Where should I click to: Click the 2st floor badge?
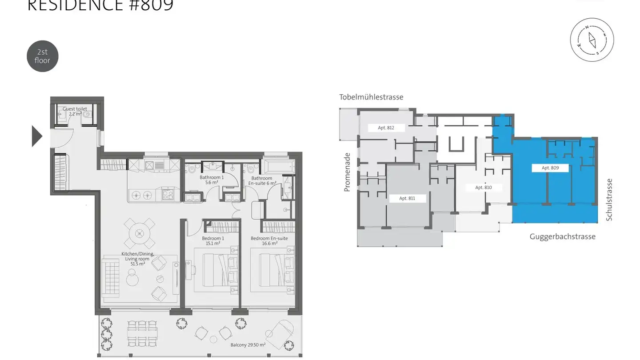42,56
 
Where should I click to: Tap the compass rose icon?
592,39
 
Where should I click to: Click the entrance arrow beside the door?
37,136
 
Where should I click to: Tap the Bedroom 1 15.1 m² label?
213,241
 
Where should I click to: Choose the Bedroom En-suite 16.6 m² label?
269,241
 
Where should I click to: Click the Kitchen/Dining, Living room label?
138,259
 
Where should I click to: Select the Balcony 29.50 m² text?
248,345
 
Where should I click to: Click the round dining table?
140,233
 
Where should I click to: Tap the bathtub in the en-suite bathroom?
279,167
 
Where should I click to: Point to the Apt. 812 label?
386,128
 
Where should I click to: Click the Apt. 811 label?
407,198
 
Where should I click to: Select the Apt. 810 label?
483,188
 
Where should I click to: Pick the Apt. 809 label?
550,168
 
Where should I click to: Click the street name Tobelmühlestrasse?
371,97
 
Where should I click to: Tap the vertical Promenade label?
347,172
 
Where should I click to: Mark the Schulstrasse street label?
609,200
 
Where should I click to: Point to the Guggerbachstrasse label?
562,236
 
